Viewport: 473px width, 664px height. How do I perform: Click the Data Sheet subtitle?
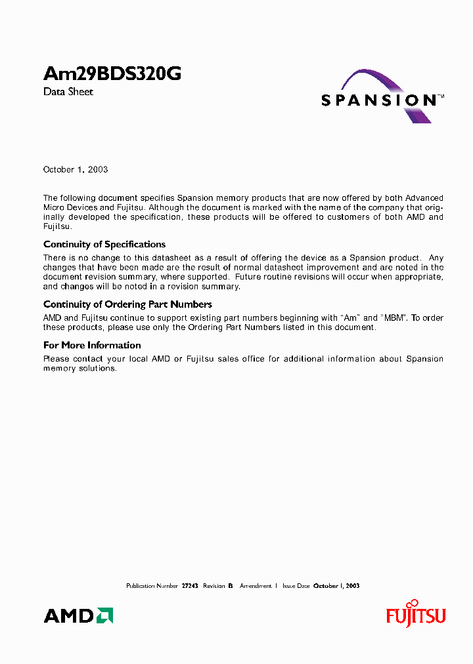tap(68, 92)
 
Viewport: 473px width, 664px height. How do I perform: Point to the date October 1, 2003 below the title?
tap(76, 169)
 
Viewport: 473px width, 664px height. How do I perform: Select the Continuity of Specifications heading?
tap(104, 244)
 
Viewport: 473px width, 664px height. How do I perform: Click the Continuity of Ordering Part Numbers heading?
tap(127, 304)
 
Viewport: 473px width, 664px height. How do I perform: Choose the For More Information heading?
tap(92, 344)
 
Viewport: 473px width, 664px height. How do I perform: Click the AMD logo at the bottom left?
tap(78, 615)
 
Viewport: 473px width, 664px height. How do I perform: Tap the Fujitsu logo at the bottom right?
tap(415, 614)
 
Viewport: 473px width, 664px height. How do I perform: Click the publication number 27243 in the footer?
tap(190, 585)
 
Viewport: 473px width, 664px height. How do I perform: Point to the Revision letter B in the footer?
tap(231, 585)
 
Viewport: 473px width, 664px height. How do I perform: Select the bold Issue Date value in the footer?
tap(336, 585)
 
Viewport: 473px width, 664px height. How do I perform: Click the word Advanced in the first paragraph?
tap(424, 198)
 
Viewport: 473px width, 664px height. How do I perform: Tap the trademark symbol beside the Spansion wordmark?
tap(441, 96)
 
